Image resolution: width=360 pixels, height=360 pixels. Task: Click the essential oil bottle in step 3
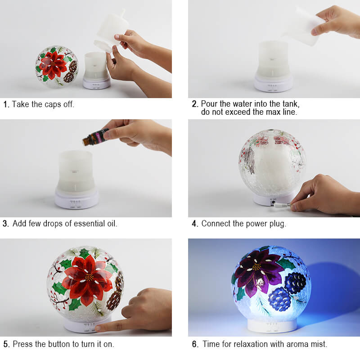tap(95, 137)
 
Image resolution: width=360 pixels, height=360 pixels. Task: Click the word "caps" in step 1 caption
tap(53, 104)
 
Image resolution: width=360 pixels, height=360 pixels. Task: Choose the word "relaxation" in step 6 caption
tap(251, 344)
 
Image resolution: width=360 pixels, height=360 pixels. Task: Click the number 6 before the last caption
tap(195, 344)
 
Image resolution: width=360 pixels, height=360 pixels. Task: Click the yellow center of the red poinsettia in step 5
tap(89, 277)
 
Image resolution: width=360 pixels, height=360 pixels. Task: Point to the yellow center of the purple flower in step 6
tap(257, 267)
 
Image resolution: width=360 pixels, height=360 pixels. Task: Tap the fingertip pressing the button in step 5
tap(98, 328)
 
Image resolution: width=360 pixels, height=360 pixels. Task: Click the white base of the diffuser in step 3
tap(76, 198)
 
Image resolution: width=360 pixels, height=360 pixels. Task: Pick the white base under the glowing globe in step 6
tap(272, 325)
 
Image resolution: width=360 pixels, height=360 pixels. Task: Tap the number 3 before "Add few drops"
tap(5, 224)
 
